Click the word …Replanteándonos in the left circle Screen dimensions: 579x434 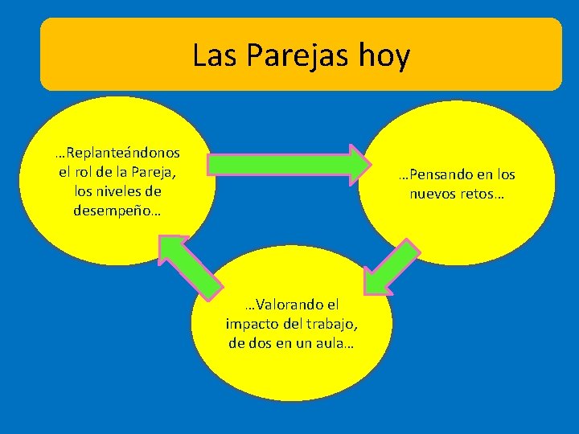pyautogui.click(x=117, y=152)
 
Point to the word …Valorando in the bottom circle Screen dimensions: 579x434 pyautogui.click(x=291, y=305)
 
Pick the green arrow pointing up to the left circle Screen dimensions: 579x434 pyautogui.click(x=191, y=264)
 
